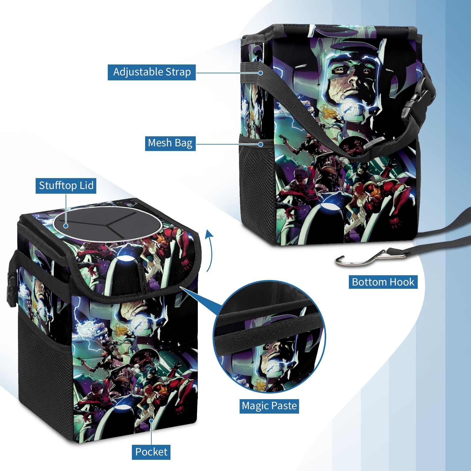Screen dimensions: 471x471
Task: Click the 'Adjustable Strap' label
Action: [152, 72]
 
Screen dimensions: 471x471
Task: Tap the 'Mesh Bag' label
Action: [170, 143]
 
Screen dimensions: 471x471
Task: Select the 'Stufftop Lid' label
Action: [66, 186]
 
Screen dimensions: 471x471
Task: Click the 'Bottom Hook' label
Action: [383, 282]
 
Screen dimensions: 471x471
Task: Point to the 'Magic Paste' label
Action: [269, 406]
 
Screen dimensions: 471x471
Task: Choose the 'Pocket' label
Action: [151, 452]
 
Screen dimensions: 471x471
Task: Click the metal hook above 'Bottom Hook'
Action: [371, 258]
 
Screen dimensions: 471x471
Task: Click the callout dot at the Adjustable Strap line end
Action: [261, 73]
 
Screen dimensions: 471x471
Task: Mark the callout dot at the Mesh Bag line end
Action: [261, 144]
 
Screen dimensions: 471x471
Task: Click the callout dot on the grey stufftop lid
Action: [66, 226]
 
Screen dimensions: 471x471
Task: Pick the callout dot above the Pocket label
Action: [151, 421]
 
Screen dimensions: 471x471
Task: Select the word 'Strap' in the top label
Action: [178, 72]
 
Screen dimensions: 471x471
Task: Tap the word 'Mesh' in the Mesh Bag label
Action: [160, 143]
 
